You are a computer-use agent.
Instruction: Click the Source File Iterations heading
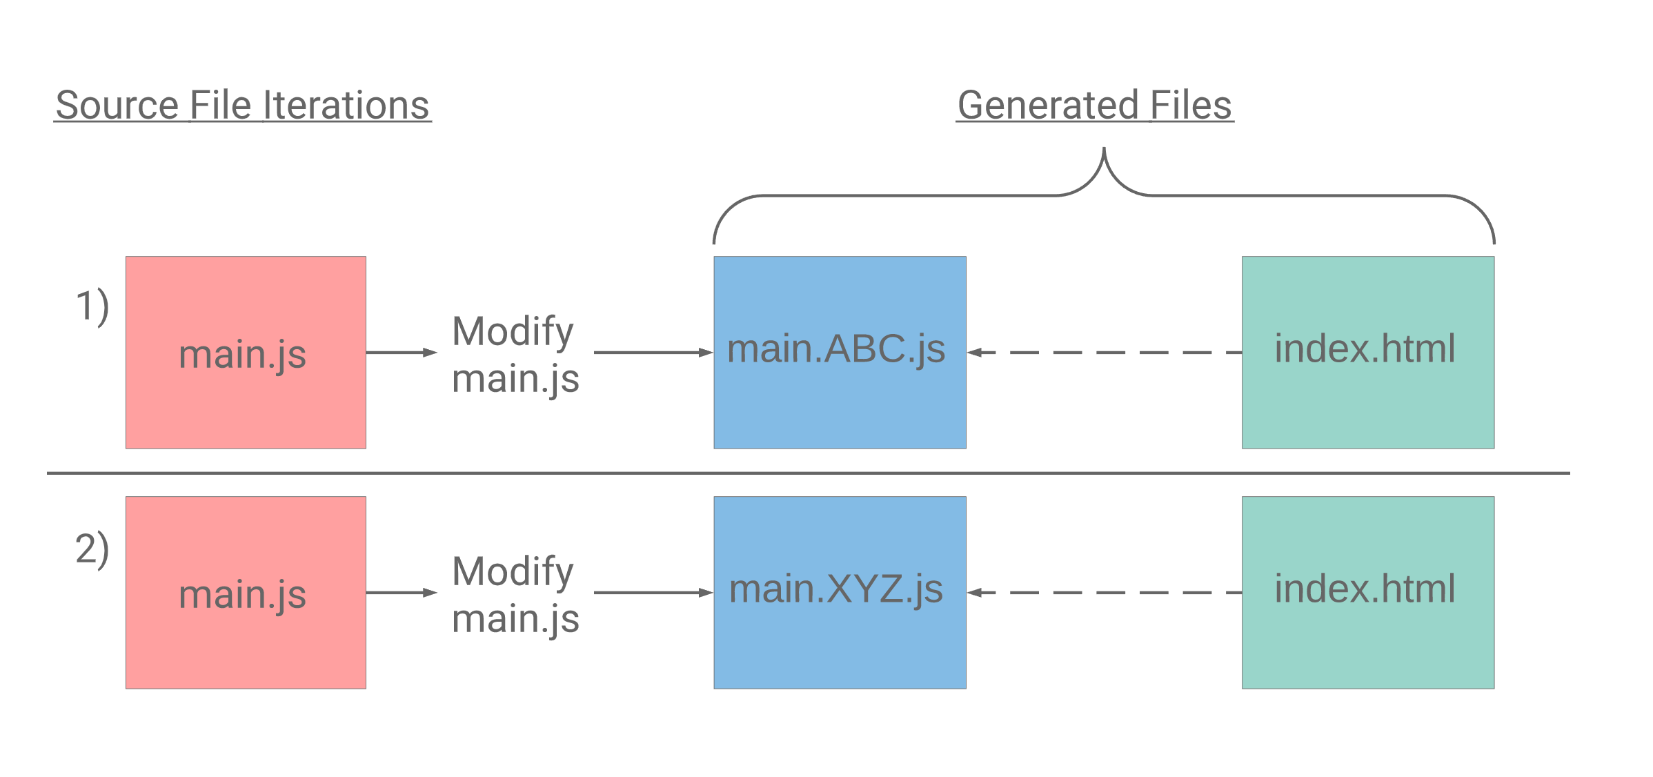pyautogui.click(x=243, y=106)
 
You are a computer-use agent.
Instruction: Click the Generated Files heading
pyautogui.click(x=1095, y=106)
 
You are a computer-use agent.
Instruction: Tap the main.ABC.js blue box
pyautogui.click(x=840, y=353)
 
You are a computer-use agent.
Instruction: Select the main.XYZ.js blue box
pyautogui.click(x=840, y=593)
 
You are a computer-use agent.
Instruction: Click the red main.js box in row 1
pyautogui.click(x=246, y=353)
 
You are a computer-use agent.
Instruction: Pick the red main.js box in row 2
pyautogui.click(x=246, y=593)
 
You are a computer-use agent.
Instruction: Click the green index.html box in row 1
pyautogui.click(x=1368, y=353)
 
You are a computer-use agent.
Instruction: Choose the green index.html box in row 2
pyautogui.click(x=1368, y=593)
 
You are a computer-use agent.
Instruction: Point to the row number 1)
pyautogui.click(x=92, y=306)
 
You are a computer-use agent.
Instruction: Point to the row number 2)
pyautogui.click(x=92, y=549)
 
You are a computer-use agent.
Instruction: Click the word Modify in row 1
pyautogui.click(x=513, y=333)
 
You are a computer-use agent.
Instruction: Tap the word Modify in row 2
pyautogui.click(x=513, y=573)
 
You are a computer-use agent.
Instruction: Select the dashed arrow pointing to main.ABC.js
pyautogui.click(x=1105, y=353)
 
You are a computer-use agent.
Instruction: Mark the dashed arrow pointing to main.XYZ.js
pyautogui.click(x=1105, y=593)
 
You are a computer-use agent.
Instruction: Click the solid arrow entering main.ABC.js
pyautogui.click(x=653, y=353)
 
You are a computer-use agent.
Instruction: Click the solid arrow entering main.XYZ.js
pyautogui.click(x=653, y=593)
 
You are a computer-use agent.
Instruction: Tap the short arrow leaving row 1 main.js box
pyautogui.click(x=402, y=353)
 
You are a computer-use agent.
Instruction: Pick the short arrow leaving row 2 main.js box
pyautogui.click(x=402, y=593)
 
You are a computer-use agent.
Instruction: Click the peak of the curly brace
pyautogui.click(x=1104, y=148)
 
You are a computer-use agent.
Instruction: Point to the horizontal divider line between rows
pyautogui.click(x=809, y=473)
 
